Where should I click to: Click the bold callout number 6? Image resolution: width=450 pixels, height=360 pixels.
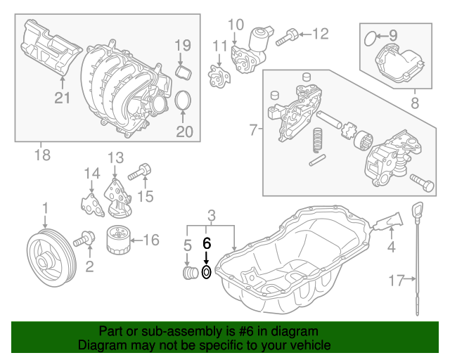[207, 243]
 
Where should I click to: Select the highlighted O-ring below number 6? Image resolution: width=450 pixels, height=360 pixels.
[206, 273]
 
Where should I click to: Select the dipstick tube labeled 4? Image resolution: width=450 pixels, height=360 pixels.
[386, 224]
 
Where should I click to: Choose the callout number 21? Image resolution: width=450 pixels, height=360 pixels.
[63, 98]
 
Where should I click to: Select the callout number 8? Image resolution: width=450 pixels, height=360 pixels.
[413, 103]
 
